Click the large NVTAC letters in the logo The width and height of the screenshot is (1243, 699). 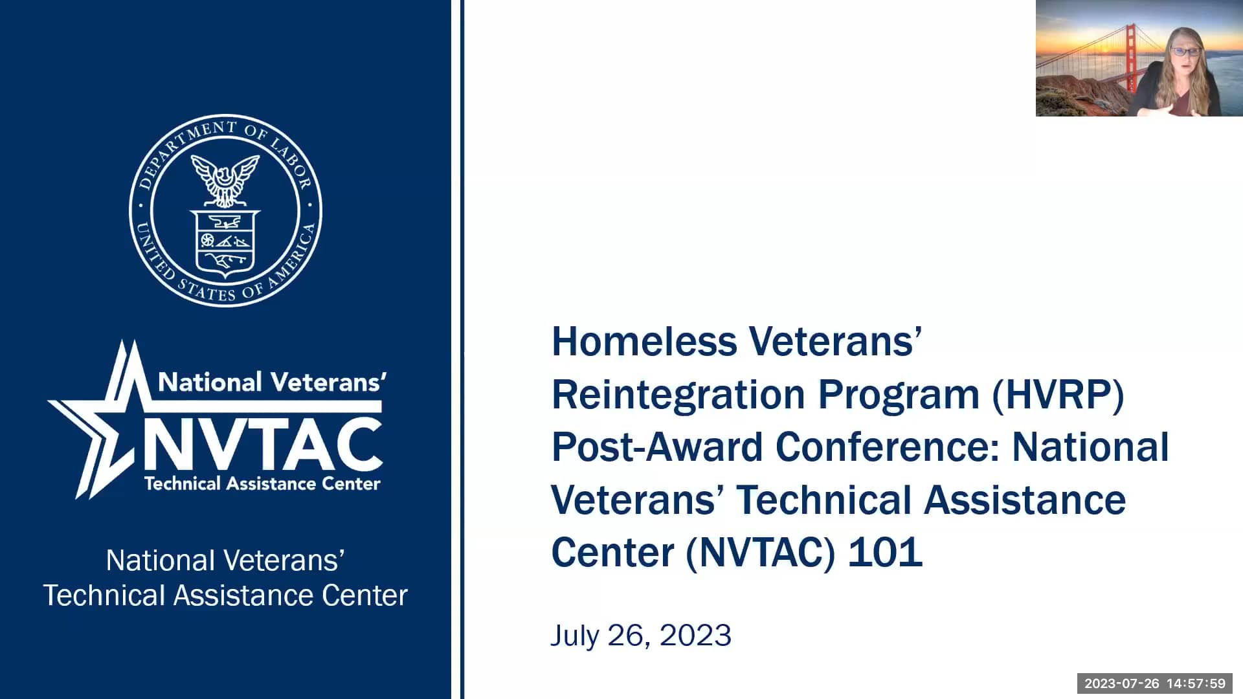pos(263,445)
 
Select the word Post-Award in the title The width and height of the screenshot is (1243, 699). pos(657,447)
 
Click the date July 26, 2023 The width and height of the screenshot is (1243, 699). pos(641,635)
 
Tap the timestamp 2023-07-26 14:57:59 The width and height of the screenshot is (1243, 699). pos(1155,683)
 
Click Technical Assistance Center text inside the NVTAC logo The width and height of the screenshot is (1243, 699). pos(262,483)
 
